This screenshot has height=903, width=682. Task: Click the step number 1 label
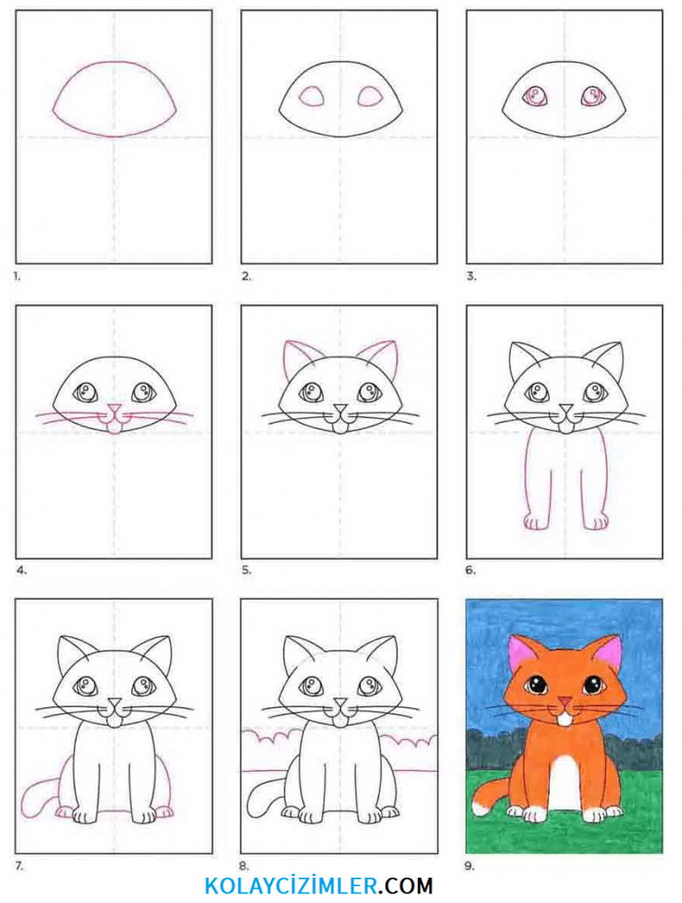tap(17, 276)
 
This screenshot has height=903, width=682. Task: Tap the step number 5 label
tap(246, 571)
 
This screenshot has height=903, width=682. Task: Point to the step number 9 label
tap(470, 865)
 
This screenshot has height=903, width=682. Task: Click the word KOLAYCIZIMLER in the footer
tap(291, 886)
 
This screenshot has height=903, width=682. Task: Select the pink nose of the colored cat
tap(566, 701)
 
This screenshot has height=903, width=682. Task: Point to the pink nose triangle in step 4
tap(114, 410)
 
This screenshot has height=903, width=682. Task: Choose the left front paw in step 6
tap(536, 523)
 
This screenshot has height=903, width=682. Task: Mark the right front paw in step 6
tap(595, 523)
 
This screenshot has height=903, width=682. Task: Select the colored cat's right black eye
tap(593, 685)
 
